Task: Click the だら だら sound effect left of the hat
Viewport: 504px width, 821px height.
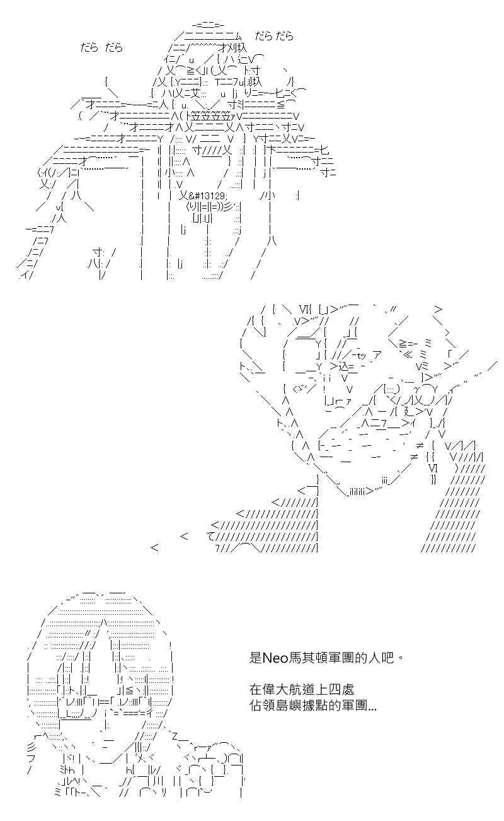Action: click(102, 48)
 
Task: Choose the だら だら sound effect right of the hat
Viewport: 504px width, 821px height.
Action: click(274, 36)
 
